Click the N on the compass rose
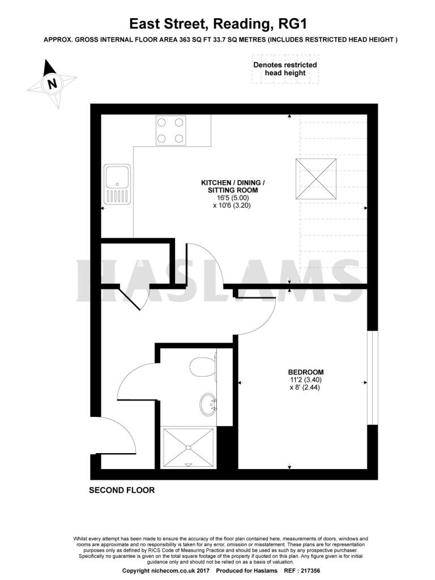coord(53,83)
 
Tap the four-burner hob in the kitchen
coord(170,130)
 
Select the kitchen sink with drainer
coord(117,184)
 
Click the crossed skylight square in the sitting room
coord(316,179)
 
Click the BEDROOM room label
coord(305,372)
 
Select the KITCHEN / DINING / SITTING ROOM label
coord(233,186)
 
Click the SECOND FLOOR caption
coord(122,491)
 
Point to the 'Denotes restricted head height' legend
coord(285,69)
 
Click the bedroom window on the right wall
coord(373,377)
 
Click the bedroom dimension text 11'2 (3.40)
coord(305,380)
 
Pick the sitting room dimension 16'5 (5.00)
coord(233,198)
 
